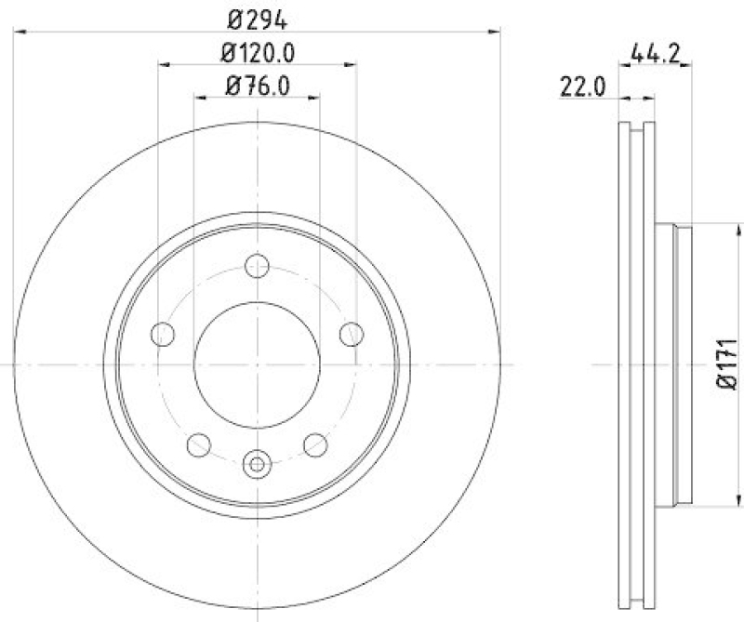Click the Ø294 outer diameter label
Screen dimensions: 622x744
[x=258, y=18]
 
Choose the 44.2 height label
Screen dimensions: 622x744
[x=658, y=54]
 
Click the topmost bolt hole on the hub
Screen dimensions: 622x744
[x=258, y=267]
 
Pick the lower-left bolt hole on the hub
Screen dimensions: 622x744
[x=199, y=445]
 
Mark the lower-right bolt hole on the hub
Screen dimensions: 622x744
[x=316, y=445]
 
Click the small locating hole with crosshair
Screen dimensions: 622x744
[x=258, y=461]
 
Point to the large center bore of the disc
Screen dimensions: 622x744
[x=258, y=364]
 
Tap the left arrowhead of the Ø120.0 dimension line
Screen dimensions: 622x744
[x=164, y=64]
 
